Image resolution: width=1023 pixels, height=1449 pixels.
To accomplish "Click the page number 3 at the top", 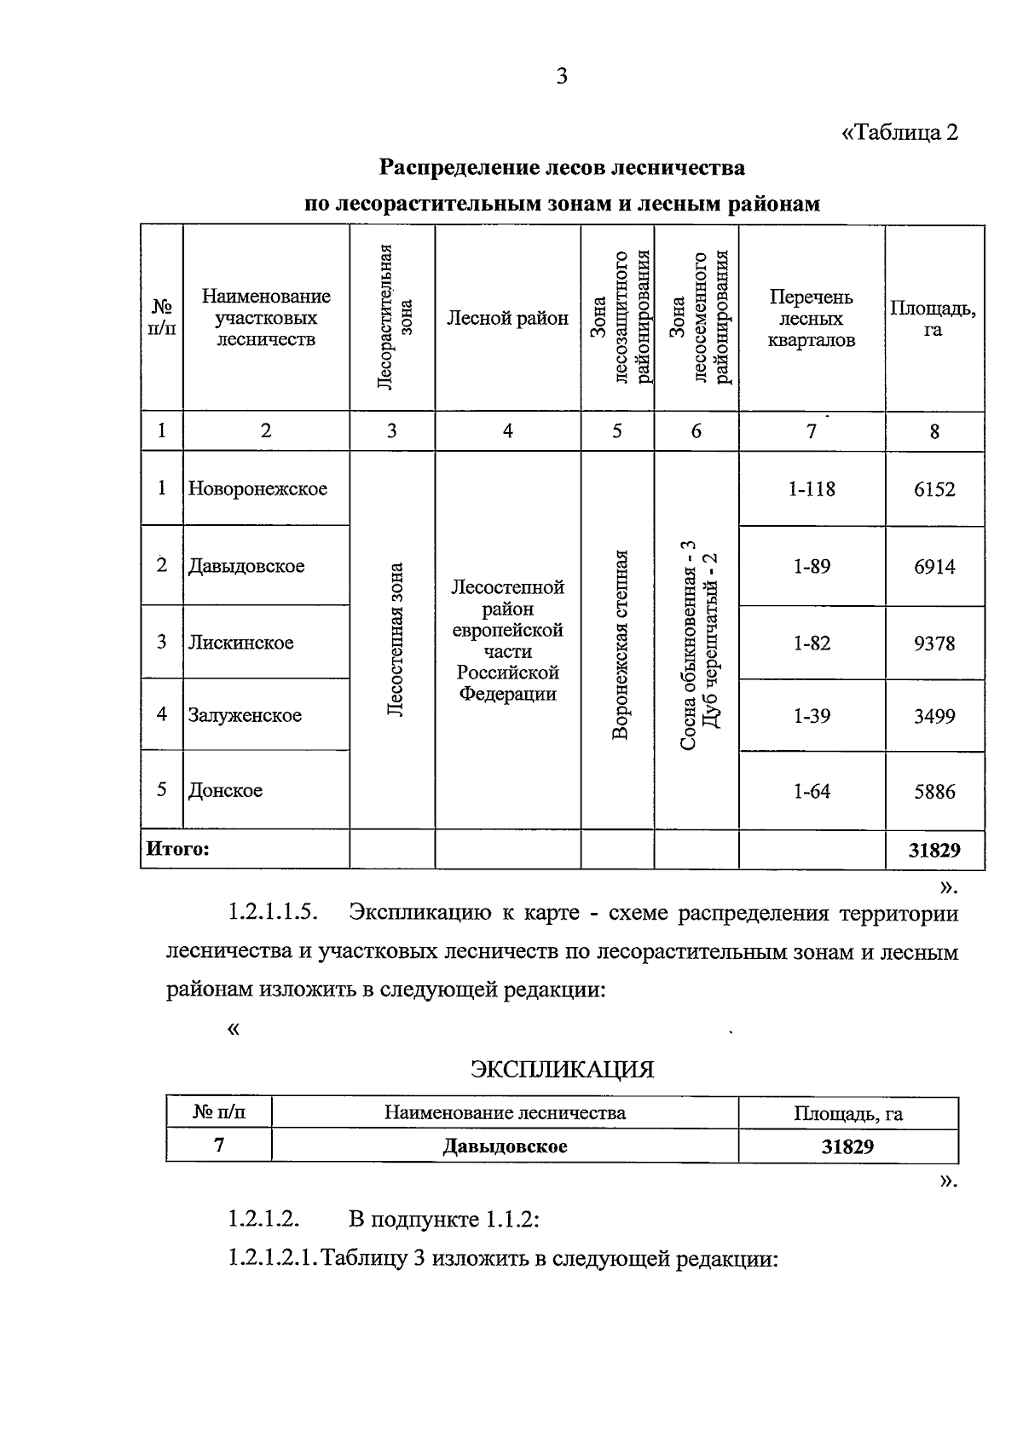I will pyautogui.click(x=561, y=78).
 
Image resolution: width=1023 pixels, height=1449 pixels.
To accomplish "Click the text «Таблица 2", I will pyautogui.click(x=899, y=133).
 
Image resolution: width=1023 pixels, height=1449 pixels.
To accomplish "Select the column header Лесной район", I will pyautogui.click(x=507, y=319).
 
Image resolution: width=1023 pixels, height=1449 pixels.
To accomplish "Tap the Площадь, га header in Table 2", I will pyautogui.click(x=933, y=319).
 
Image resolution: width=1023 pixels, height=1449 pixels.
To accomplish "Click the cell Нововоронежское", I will pyautogui.click(x=257, y=489).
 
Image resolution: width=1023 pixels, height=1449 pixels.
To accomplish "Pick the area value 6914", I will pyautogui.click(x=934, y=567).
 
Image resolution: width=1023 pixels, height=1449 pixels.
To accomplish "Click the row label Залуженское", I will pyautogui.click(x=245, y=715).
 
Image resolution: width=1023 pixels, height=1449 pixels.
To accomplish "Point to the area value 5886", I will pyautogui.click(x=934, y=791).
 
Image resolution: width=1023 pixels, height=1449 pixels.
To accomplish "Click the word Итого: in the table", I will pyautogui.click(x=177, y=849).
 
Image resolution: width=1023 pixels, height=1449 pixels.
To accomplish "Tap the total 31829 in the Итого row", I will pyautogui.click(x=934, y=850).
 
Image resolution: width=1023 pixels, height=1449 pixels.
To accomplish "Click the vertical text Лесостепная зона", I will pyautogui.click(x=394, y=639).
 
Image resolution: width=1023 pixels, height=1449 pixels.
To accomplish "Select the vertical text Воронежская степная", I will pyautogui.click(x=621, y=644).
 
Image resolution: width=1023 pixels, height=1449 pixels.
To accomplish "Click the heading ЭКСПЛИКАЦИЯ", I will pyautogui.click(x=562, y=1069).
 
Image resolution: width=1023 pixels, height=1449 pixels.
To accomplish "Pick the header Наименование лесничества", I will pyautogui.click(x=505, y=1112).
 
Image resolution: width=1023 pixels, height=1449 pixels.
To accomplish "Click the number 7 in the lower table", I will pyautogui.click(x=219, y=1145).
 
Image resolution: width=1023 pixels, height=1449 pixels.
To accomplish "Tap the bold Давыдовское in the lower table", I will pyautogui.click(x=505, y=1146).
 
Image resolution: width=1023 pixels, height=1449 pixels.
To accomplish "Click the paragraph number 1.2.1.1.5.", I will pyautogui.click(x=273, y=914).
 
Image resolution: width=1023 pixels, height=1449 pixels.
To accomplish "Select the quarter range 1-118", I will pyautogui.click(x=812, y=489).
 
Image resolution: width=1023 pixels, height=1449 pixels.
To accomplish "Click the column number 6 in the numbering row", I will pyautogui.click(x=696, y=431).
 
